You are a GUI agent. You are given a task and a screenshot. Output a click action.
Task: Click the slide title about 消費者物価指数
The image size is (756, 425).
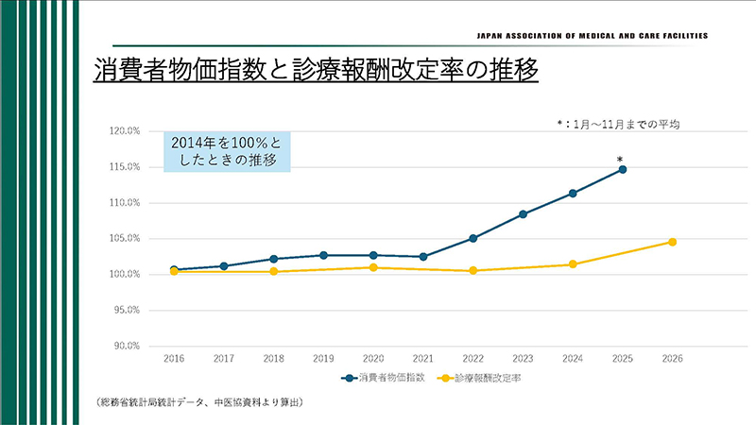[x=316, y=72]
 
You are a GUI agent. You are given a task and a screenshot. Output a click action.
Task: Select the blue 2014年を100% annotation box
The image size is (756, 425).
[x=227, y=150]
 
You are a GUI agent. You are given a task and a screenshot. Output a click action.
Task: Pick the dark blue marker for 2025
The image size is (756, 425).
[x=623, y=170]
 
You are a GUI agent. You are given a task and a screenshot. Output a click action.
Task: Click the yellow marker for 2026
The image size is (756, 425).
[x=672, y=242]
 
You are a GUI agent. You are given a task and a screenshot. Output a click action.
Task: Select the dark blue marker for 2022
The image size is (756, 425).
[x=472, y=238]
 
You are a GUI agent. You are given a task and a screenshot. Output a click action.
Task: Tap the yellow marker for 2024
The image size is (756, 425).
[x=573, y=264]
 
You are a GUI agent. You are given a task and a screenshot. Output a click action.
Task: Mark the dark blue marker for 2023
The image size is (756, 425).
[x=523, y=214]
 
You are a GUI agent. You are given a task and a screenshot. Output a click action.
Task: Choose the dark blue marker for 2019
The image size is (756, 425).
[x=323, y=255]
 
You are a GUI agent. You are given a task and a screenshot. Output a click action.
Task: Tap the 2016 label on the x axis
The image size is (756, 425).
[x=174, y=360]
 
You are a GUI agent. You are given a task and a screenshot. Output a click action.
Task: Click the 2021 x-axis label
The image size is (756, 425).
[x=423, y=360]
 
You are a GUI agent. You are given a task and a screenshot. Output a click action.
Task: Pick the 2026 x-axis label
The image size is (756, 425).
[x=672, y=360]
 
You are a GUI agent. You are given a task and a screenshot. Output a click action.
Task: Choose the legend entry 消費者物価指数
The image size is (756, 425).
[x=387, y=378]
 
